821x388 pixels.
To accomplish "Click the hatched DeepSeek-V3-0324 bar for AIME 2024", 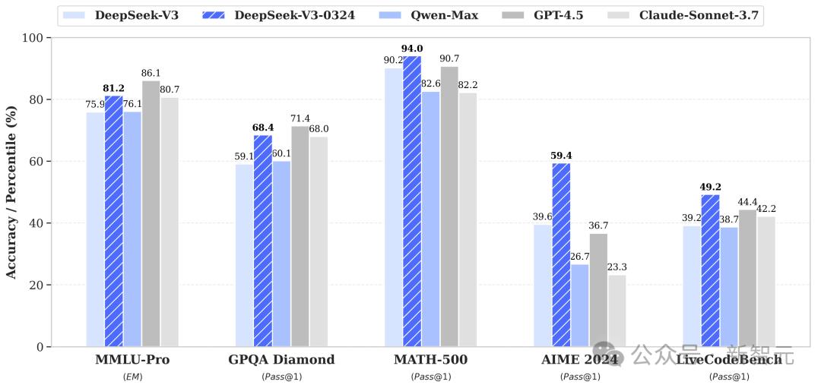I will pyautogui.click(x=561, y=255).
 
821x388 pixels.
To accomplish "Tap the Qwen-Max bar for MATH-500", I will pyautogui.click(x=431, y=219).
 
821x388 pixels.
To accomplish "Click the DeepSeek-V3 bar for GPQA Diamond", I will pyautogui.click(x=244, y=256).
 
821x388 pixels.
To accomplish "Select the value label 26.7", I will pyautogui.click(x=580, y=256).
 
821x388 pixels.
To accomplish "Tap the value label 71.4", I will pyautogui.click(x=300, y=118).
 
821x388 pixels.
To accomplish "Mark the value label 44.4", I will pyautogui.click(x=747, y=202).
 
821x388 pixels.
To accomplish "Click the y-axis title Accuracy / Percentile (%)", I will pyautogui.click(x=11, y=192).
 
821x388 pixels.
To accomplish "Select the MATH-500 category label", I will pyautogui.click(x=430, y=360).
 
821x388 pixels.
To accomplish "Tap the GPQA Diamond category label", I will pyautogui.click(x=281, y=360).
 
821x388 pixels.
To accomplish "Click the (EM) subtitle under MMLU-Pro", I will pyautogui.click(x=132, y=377).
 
